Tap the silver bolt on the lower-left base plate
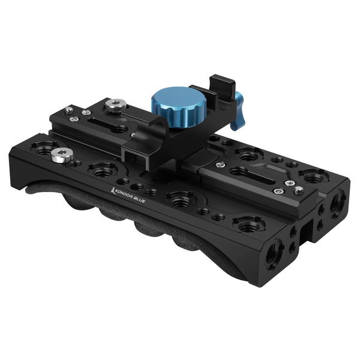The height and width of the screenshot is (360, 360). pyautogui.click(x=59, y=155)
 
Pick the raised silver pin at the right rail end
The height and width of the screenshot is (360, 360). pyautogui.click(x=298, y=190)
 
